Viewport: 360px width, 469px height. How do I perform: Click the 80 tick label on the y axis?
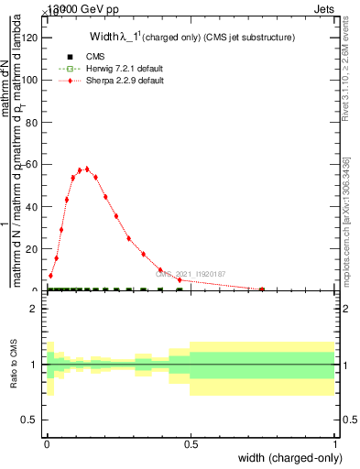tap(31, 122)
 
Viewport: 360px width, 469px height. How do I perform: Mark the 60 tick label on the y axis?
tap(31, 164)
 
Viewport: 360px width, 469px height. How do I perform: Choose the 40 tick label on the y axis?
tap(31, 206)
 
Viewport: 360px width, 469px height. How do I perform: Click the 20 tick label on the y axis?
tap(31, 248)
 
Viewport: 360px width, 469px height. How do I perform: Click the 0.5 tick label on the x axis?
tap(191, 443)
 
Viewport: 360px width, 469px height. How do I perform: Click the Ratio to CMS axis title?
tap(14, 365)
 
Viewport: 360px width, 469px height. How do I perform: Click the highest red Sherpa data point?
tap(87, 169)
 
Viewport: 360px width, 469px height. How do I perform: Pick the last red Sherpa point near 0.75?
tap(262, 289)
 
